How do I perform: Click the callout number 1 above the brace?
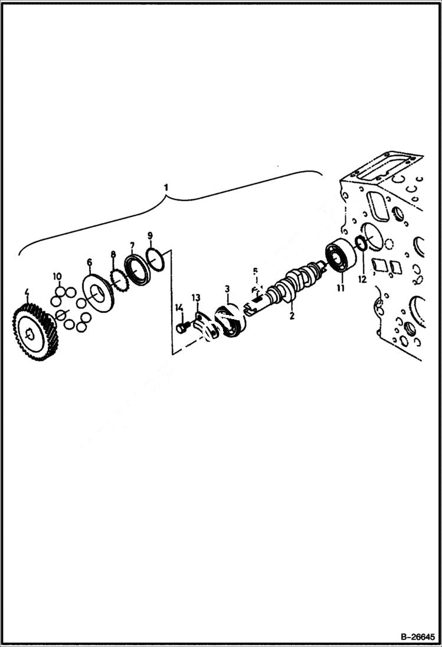166,187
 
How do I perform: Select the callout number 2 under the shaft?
291,316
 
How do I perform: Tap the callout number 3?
227,289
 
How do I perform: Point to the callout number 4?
27,292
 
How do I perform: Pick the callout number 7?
132,245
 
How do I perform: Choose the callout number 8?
113,255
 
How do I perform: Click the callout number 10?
57,276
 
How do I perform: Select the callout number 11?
340,288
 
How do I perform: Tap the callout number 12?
362,279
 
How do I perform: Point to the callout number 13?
196,298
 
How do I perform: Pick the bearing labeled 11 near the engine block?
340,258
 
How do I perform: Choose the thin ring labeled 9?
155,260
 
